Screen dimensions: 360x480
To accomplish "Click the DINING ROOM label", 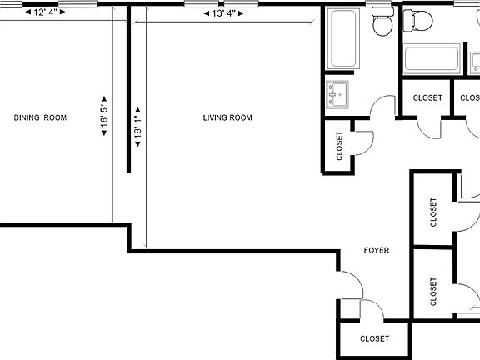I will pos(40,117).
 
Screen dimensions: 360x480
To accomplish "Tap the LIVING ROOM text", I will pos(227,117).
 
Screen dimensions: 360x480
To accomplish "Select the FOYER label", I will pos(376,250).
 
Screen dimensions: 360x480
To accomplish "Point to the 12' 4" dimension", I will pos(47,12).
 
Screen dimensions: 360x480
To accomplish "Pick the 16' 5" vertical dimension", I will pos(104,117).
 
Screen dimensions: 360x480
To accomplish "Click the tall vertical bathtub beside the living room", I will pos(343,40).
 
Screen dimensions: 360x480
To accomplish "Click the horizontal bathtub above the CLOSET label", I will pos(432,60).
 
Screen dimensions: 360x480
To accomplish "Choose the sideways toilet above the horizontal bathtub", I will pos(417,20).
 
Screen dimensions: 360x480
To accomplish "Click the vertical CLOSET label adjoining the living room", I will pos(339,146).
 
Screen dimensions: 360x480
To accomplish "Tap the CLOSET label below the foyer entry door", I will pos(374,339).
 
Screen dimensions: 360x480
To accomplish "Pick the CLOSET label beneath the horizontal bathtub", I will pos(427,98).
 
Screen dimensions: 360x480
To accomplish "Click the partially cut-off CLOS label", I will pos(469,98).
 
